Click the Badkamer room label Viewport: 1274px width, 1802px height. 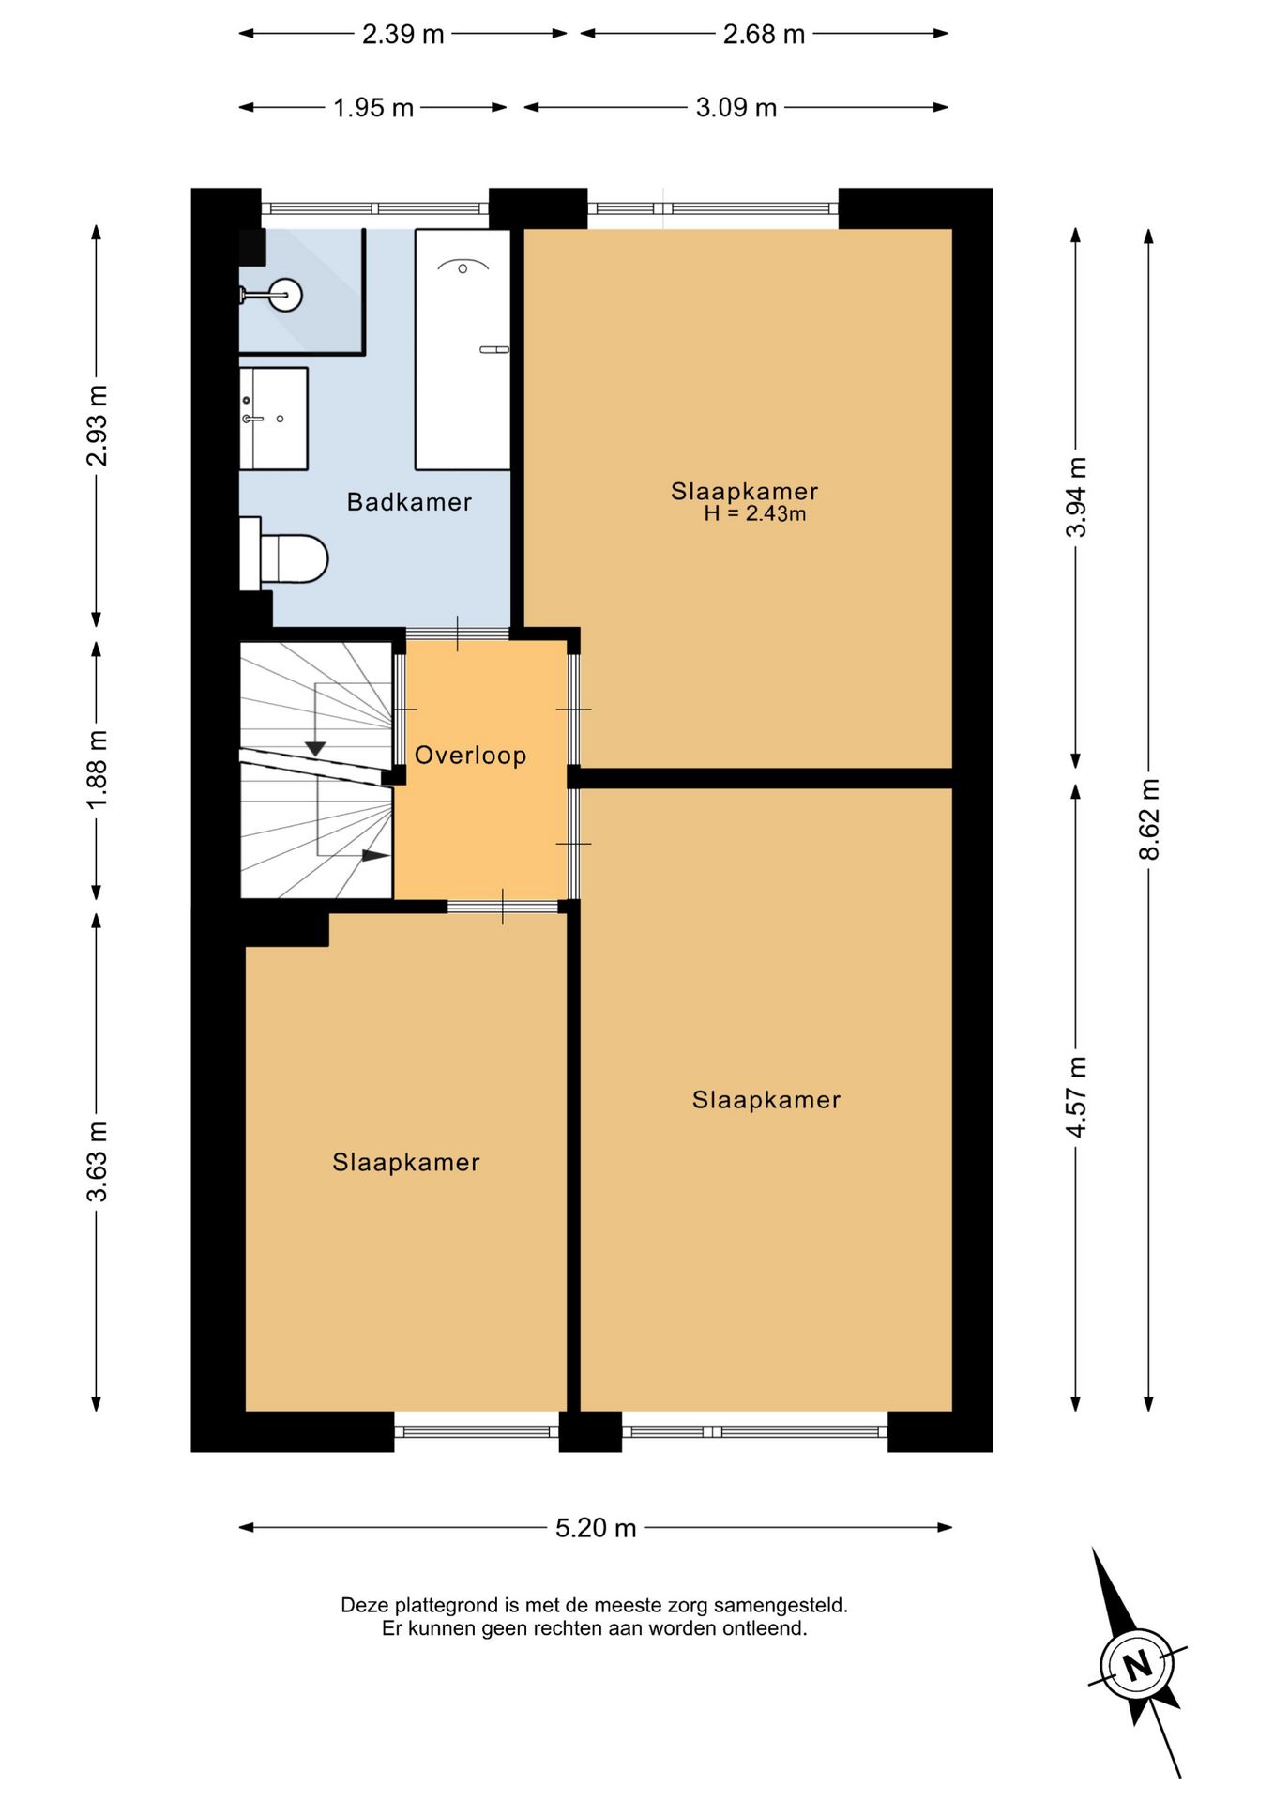409,502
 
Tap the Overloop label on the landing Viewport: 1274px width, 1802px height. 470,756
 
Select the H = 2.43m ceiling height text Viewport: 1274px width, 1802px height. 755,514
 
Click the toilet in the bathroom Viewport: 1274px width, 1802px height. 284,557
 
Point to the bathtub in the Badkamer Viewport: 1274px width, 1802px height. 463,349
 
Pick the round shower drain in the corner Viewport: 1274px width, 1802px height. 285,295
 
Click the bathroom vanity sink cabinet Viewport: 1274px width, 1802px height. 273,419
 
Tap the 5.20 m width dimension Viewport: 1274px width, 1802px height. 596,1528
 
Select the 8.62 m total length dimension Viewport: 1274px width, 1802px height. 1149,819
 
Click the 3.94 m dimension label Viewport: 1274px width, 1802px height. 1076,497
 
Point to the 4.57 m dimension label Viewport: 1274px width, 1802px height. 1076,1097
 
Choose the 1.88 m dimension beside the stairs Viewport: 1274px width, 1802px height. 97,770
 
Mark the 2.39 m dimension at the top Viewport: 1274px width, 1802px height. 403,35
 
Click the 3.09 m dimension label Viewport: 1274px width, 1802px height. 736,108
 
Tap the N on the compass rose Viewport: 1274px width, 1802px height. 1138,1666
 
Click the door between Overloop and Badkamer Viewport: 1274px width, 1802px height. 458,634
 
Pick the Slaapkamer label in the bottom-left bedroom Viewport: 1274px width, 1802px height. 406,1163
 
